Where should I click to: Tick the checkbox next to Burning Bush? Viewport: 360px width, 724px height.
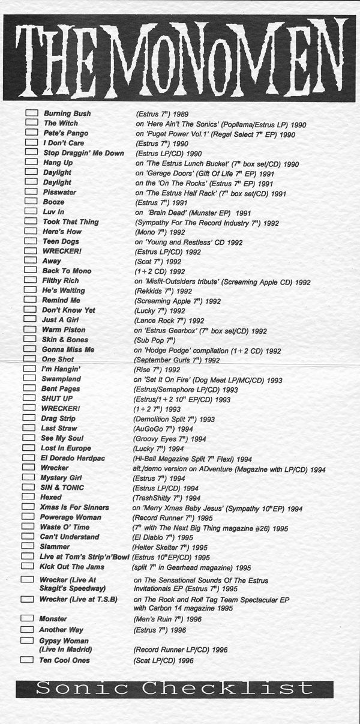[32, 113]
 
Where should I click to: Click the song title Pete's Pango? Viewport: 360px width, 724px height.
[66, 133]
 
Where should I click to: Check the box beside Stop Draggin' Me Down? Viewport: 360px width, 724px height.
[32, 152]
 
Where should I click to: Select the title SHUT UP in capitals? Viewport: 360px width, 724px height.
[57, 399]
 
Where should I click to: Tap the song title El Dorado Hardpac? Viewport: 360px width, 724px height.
[73, 459]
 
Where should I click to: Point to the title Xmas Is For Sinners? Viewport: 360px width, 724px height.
[74, 507]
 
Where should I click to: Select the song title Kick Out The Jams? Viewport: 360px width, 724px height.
[73, 567]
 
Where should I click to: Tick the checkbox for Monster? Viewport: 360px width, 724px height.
[27, 618]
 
